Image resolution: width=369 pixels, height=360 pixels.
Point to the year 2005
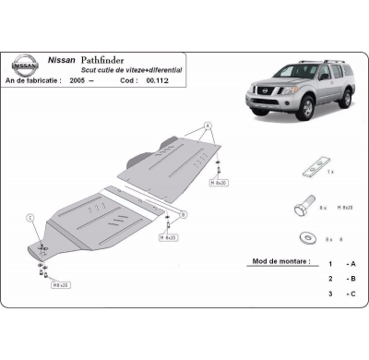pos(78,81)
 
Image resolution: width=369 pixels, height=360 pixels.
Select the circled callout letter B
pos(184,214)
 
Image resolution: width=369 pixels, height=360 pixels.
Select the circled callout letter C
pos(31,218)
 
